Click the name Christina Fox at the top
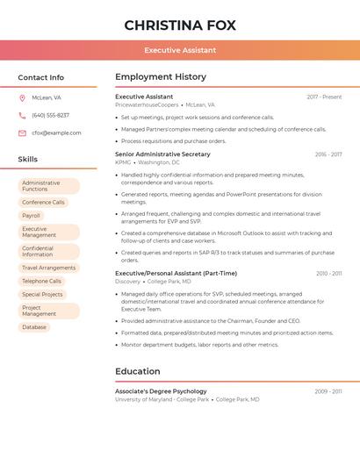(180, 25)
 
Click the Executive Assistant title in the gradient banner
(180, 51)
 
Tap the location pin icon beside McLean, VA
(22, 97)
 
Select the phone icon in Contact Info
(22, 115)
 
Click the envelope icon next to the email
(22, 132)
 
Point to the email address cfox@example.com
(56, 132)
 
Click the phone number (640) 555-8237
(50, 115)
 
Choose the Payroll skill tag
(32, 215)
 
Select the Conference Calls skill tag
(43, 202)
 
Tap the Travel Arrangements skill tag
(48, 268)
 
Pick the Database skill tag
(34, 327)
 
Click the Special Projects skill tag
(42, 294)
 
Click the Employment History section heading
(161, 77)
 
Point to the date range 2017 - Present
(324, 97)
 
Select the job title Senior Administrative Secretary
(162, 154)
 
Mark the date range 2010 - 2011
(329, 274)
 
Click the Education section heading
(138, 371)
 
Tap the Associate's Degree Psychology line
(161, 391)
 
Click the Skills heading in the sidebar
(28, 160)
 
